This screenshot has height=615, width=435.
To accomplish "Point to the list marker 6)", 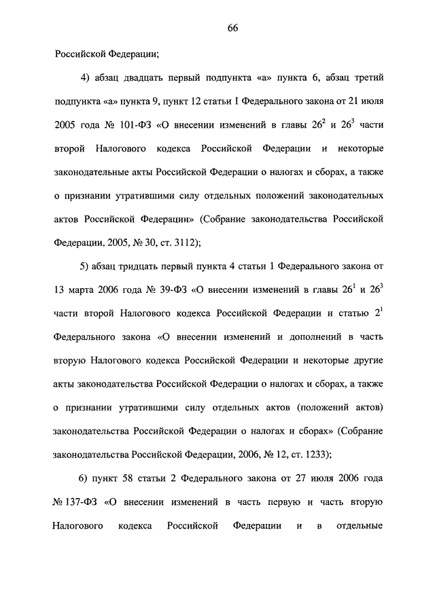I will [86, 479].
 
